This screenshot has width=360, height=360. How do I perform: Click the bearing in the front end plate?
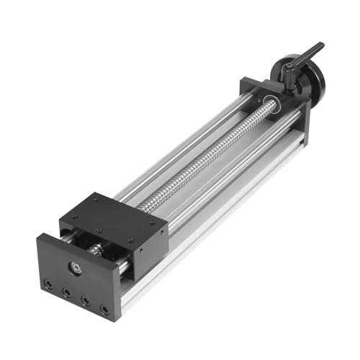coord(75,268)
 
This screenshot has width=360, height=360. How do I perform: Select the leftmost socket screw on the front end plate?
coord(48,285)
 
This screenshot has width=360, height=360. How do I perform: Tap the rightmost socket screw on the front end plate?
coord(105,310)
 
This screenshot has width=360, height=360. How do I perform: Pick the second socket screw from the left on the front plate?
coord(66,293)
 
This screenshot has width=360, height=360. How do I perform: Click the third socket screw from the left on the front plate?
coord(86,302)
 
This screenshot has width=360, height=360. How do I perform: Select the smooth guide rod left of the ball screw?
coord(173,155)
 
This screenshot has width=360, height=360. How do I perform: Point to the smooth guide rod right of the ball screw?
coord(230,180)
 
